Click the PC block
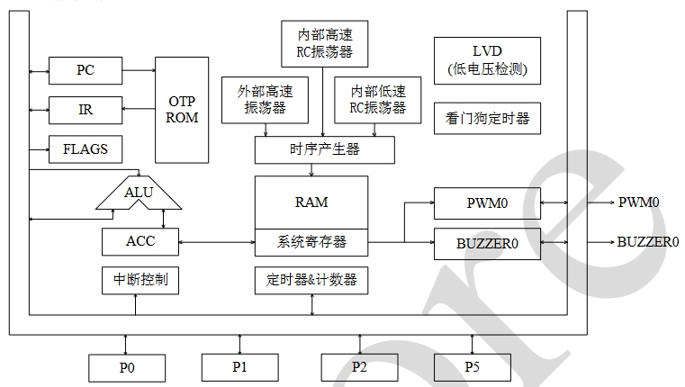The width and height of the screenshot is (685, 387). [x=86, y=68]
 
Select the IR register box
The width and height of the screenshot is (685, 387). [x=86, y=110]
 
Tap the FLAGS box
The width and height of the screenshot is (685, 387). [x=86, y=149]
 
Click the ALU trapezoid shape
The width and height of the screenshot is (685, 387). [x=139, y=193]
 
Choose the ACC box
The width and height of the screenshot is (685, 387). [x=140, y=241]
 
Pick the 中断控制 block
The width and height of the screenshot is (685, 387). [x=140, y=281]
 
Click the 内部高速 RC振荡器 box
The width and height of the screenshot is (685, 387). [x=324, y=43]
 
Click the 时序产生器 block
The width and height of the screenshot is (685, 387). [x=324, y=150]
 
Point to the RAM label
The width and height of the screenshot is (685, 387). [x=311, y=202]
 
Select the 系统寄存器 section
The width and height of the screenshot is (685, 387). [x=311, y=242]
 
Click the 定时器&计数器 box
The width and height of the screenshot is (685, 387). [x=311, y=281]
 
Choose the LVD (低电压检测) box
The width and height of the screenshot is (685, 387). [x=487, y=60]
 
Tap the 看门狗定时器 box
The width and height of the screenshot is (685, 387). [x=487, y=118]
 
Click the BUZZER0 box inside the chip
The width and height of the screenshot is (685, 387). [x=487, y=242]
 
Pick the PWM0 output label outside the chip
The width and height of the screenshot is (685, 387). [x=638, y=202]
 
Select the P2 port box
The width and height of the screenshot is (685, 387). [x=359, y=366]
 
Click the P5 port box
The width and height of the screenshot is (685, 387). [x=472, y=366]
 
